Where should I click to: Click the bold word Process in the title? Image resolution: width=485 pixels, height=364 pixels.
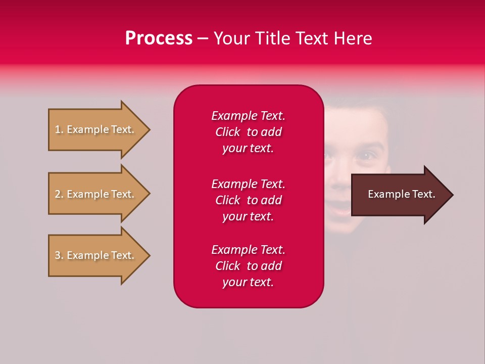(159, 38)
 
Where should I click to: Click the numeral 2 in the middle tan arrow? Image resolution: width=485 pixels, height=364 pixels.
(57, 194)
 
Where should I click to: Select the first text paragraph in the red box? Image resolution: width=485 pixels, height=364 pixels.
(248, 132)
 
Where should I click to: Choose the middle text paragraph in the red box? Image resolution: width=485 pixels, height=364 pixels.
(248, 200)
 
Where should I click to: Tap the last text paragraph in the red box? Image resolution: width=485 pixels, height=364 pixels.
(248, 266)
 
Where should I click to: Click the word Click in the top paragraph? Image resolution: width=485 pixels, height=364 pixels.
(227, 132)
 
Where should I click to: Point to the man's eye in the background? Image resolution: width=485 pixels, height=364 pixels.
(365, 155)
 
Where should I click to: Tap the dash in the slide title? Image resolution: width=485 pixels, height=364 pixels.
(203, 38)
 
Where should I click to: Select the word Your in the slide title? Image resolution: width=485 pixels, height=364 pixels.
(231, 38)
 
